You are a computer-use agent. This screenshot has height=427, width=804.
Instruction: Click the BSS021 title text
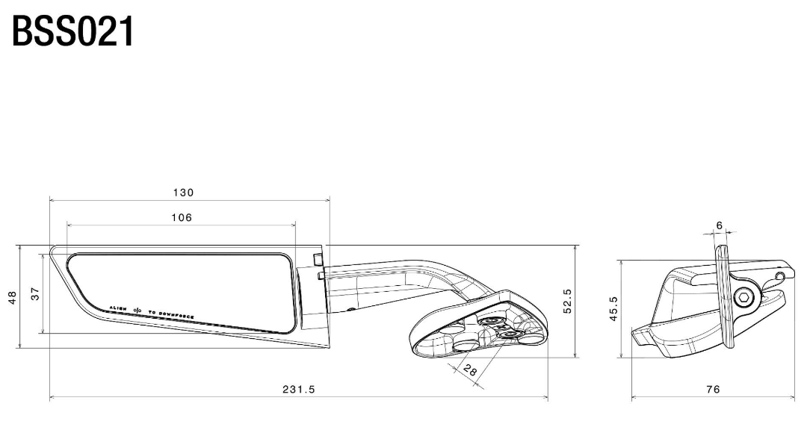click(x=73, y=31)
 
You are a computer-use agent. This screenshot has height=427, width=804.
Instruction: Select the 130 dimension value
click(x=183, y=193)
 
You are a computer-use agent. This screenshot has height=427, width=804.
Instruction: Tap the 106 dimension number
click(x=182, y=217)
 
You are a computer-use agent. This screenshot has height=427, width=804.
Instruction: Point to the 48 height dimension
click(x=12, y=297)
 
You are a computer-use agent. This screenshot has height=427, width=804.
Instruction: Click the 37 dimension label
click(x=35, y=294)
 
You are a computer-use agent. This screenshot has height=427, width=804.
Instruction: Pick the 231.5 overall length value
click(x=298, y=390)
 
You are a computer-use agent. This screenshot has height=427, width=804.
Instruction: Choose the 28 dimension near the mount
click(x=469, y=369)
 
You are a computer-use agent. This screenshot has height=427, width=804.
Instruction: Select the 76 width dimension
click(x=713, y=390)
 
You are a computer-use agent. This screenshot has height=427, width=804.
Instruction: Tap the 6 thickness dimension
click(x=719, y=225)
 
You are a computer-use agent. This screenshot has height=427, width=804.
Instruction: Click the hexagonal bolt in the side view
click(x=743, y=299)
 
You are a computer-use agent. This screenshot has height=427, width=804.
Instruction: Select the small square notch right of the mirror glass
click(x=318, y=258)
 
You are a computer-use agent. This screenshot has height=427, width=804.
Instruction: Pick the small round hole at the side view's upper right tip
click(x=781, y=276)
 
